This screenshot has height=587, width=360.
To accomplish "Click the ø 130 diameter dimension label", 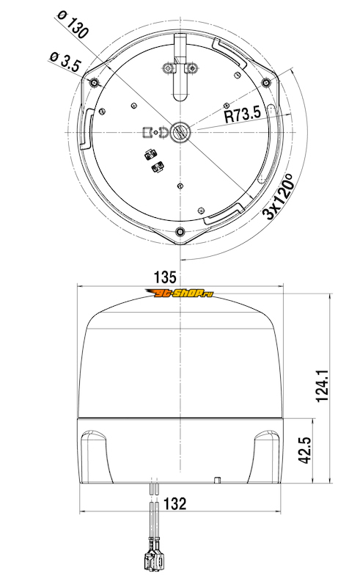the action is pos(73,25).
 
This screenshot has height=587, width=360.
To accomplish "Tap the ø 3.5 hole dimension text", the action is pos(65,62).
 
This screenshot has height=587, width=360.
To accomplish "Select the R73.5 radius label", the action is pos(243,114).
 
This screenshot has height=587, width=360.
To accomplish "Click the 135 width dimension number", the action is pos(165,277).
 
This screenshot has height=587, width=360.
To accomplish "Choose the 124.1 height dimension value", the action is pos(322,386).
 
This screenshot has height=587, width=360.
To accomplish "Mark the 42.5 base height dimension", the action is pos(306,449).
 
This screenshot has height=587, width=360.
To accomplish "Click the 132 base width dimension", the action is pos(175,504).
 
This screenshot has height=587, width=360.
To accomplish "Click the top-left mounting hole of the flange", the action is pos(94,82).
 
